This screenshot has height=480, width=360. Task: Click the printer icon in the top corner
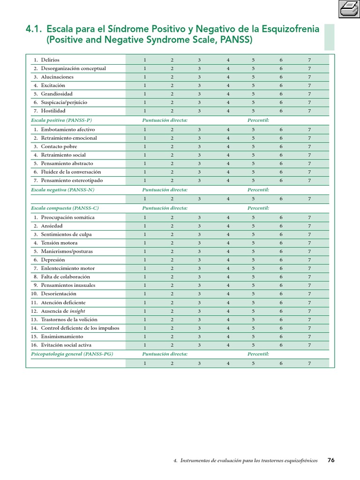(348, 9)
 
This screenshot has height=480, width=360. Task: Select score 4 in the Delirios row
(228, 60)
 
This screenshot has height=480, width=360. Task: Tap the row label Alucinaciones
(57, 77)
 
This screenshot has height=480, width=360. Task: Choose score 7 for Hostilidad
(309, 111)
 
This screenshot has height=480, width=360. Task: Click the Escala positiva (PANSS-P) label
(61, 120)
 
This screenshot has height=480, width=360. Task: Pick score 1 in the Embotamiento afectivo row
(145, 129)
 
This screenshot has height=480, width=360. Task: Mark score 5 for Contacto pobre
(253, 146)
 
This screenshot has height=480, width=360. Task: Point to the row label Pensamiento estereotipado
(72, 180)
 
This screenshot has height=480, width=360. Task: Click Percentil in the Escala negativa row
(258, 190)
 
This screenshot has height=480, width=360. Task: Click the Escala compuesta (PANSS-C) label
(65, 208)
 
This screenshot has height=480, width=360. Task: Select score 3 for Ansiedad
(199, 226)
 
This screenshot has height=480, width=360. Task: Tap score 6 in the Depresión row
(281, 260)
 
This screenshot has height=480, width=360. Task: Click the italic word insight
(77, 311)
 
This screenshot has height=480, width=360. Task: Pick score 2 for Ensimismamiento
(172, 337)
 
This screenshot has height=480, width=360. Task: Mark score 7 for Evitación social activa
(309, 345)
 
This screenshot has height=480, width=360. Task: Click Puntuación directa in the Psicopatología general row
(165, 354)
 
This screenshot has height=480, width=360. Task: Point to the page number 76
(331, 460)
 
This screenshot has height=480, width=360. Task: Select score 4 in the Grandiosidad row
(228, 94)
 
